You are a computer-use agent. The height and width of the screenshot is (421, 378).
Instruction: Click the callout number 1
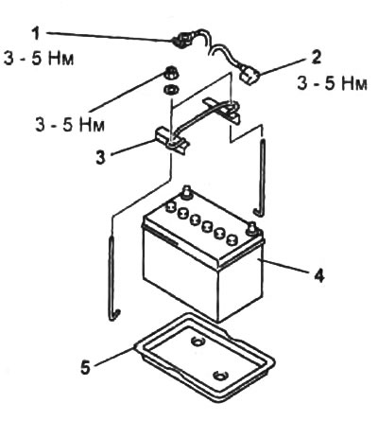37,33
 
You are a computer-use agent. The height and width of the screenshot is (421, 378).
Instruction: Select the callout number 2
316,58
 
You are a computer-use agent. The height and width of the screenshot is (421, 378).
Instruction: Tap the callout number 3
100,157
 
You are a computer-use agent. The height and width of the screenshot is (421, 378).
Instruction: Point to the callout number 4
319,276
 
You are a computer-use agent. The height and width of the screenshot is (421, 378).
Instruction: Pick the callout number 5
85,367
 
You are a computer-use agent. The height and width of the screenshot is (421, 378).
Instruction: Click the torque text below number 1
39,59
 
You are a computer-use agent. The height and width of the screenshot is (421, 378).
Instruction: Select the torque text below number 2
332,84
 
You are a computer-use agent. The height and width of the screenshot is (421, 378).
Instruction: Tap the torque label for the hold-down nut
70,125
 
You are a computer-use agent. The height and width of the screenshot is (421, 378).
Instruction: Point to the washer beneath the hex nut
172,90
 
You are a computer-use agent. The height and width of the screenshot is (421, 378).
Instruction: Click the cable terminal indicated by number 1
182,40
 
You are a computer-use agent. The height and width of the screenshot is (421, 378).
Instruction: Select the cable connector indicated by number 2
249,76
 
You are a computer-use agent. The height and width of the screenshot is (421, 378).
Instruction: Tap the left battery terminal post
186,193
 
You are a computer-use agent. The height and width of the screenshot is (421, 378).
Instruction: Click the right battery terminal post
252,229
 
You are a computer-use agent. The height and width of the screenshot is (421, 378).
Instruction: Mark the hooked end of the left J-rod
114,316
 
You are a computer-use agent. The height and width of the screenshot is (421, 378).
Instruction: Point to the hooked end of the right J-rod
258,212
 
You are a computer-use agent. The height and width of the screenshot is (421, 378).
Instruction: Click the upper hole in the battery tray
198,342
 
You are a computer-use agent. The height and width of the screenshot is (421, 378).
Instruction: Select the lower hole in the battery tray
220,376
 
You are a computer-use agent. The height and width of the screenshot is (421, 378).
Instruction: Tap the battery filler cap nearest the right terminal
232,240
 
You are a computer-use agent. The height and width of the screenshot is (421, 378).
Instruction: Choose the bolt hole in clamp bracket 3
172,144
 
